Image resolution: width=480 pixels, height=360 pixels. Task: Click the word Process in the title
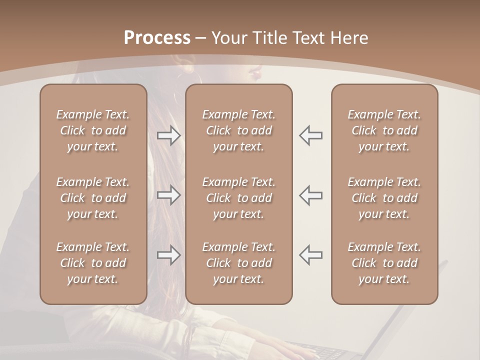(157, 38)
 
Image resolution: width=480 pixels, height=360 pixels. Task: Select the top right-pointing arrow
(169, 135)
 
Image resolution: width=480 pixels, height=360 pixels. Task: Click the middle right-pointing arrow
(169, 195)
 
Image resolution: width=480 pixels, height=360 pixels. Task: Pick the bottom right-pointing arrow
(169, 255)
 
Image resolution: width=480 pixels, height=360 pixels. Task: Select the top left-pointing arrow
(310, 135)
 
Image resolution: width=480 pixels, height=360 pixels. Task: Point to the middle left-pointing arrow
(310, 195)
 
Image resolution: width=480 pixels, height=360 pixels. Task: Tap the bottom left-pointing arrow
(310, 255)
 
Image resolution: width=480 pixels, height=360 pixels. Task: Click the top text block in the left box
(93, 130)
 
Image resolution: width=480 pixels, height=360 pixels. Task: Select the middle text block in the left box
(93, 198)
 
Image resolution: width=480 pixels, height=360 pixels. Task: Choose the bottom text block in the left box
(93, 263)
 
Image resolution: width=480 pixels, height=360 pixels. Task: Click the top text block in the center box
(238, 130)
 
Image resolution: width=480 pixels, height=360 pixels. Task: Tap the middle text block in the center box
(238, 198)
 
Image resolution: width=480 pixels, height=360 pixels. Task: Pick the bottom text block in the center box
(238, 263)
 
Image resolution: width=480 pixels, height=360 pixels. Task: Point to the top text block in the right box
(384, 130)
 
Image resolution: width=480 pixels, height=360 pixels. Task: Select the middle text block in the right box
(384, 198)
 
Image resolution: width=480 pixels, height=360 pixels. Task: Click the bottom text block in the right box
(384, 263)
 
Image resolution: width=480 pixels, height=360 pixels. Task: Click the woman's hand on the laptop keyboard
(295, 347)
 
